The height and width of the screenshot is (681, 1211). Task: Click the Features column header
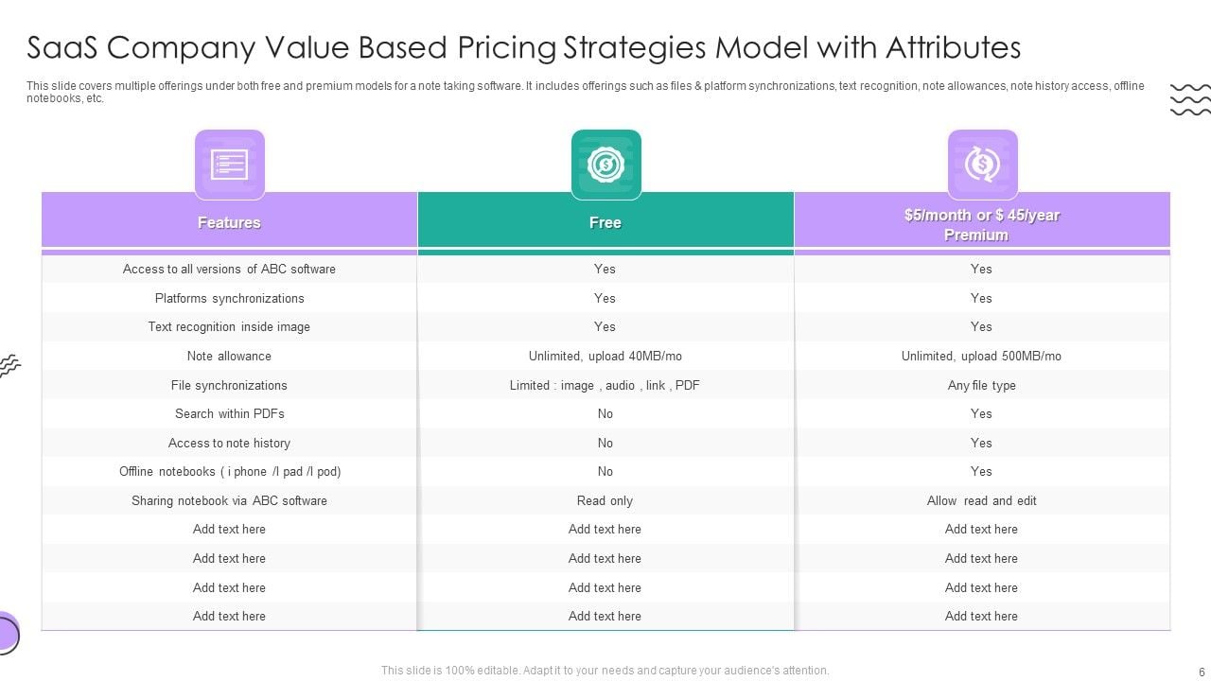pyautogui.click(x=229, y=222)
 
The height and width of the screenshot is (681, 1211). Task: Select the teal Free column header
pyautogui.click(x=605, y=222)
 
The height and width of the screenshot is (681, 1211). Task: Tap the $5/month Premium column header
pyautogui.click(x=981, y=224)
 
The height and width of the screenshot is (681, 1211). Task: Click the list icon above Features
pyautogui.click(x=229, y=165)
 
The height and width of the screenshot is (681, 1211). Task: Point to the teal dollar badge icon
pyautogui.click(x=605, y=165)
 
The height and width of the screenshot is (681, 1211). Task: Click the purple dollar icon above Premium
pyautogui.click(x=982, y=165)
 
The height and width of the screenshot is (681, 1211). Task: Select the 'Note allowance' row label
pyautogui.click(x=229, y=356)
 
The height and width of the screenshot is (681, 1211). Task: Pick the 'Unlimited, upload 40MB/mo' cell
pyautogui.click(x=605, y=356)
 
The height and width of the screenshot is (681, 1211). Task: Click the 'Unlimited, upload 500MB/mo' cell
pyautogui.click(x=981, y=356)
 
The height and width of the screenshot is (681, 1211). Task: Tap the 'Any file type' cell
pyautogui.click(x=981, y=385)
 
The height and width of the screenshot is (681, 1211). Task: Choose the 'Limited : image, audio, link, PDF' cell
pyautogui.click(x=605, y=385)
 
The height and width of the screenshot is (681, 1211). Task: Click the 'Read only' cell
pyautogui.click(x=605, y=500)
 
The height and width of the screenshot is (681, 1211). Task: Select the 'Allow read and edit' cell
pyautogui.click(x=981, y=500)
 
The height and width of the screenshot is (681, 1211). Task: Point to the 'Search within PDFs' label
pyautogui.click(x=229, y=413)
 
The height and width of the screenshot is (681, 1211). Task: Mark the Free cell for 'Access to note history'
pyautogui.click(x=605, y=443)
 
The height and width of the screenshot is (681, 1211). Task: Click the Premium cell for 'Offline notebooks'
pyautogui.click(x=981, y=471)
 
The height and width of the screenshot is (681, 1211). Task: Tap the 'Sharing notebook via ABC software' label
pyautogui.click(x=229, y=500)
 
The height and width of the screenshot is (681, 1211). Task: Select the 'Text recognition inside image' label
pyautogui.click(x=229, y=326)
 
